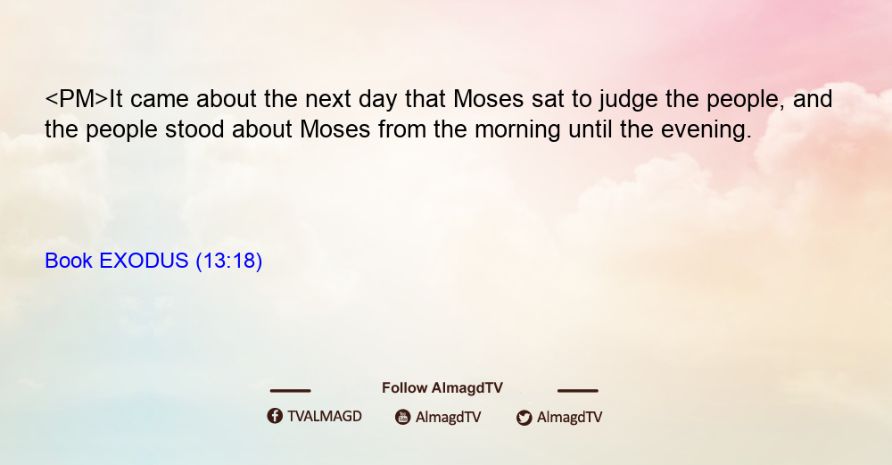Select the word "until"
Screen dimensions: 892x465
pos(590,129)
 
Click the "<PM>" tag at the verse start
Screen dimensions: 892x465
pos(76,99)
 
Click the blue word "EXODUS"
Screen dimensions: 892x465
pos(144,261)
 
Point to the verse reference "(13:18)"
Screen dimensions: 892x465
pos(228,262)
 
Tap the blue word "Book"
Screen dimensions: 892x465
pos(69,261)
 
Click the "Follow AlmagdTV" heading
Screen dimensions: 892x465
pos(442,388)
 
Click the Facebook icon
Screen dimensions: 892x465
pos(275,416)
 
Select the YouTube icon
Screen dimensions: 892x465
pos(403,417)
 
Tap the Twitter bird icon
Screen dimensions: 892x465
pos(524,418)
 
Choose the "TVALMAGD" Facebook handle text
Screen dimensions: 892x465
pos(325,416)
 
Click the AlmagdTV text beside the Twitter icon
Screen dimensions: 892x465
pos(569,418)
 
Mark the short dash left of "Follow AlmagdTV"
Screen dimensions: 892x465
pos(290,390)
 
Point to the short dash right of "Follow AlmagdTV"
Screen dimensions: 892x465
pos(578,390)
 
